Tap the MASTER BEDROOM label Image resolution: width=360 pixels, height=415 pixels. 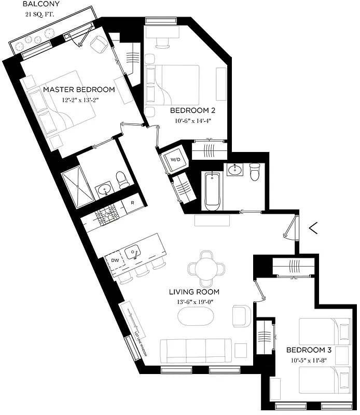79,90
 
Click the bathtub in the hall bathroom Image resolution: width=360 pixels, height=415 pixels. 211,192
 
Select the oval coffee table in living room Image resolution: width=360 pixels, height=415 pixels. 196,316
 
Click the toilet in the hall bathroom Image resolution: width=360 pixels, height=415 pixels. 254,172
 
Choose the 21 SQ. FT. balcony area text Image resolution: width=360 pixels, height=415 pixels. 40,15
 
